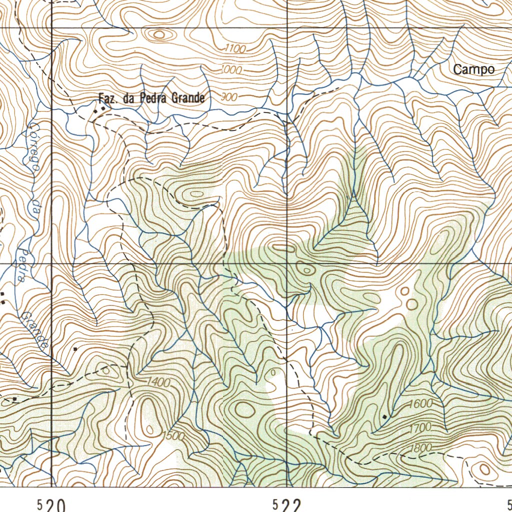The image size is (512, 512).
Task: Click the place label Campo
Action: pos(473,70)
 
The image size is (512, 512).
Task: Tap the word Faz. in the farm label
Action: pos(107,99)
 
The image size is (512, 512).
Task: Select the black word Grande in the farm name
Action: pos(188,98)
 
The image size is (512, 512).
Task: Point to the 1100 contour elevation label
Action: pos(235,48)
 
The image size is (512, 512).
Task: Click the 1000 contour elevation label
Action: pos(231,70)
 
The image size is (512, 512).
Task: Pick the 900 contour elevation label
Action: pos(228,97)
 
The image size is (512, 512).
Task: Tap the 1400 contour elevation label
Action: pos(159,382)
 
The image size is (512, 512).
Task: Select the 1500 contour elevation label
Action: pos(174,435)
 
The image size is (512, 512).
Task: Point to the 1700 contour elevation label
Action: pos(420,428)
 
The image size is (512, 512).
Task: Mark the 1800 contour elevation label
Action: pos(420,448)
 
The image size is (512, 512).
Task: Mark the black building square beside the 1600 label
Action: pos(384,416)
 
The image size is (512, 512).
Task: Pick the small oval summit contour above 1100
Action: pos(159,34)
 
